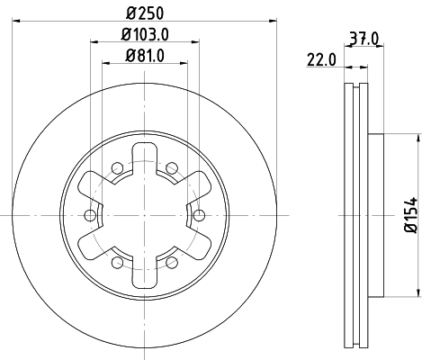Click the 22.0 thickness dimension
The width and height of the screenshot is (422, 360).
[x=320, y=60]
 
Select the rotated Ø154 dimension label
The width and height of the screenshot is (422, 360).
[x=409, y=213]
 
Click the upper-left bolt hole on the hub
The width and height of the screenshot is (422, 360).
[x=117, y=166]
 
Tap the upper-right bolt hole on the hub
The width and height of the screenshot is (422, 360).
[x=171, y=166]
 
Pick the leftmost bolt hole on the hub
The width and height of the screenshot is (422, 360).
[x=89, y=214]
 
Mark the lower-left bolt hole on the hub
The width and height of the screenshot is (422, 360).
[x=117, y=262]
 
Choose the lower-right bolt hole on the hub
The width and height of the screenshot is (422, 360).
[x=171, y=262]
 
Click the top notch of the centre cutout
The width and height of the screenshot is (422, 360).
[x=144, y=153]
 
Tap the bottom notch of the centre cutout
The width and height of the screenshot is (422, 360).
[x=144, y=276]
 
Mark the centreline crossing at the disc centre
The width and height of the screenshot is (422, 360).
[x=144, y=214]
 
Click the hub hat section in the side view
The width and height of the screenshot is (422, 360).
[x=377, y=214]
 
